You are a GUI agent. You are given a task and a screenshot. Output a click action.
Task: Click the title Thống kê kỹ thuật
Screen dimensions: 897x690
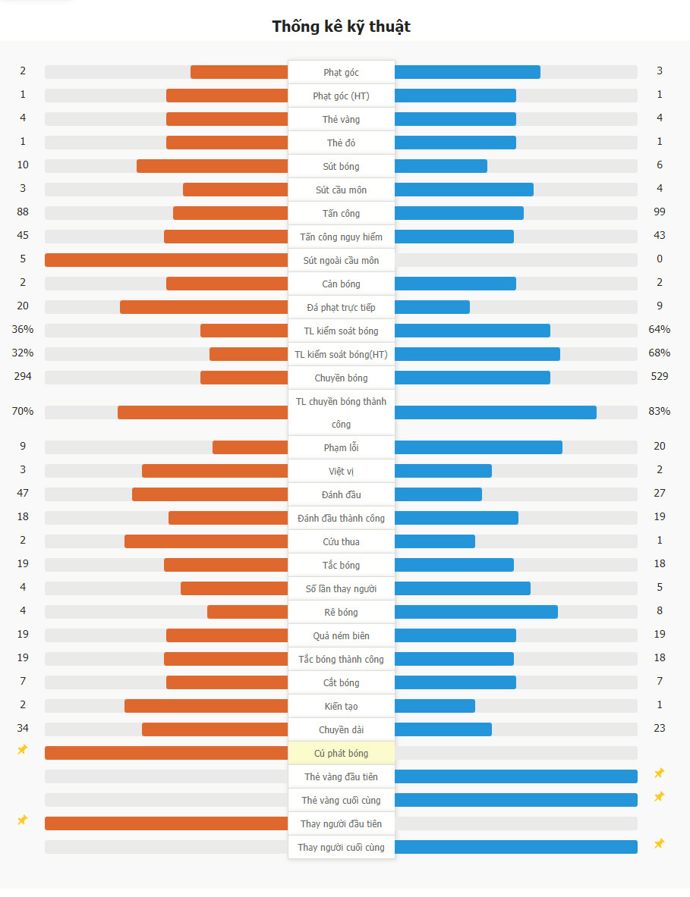tap(342, 27)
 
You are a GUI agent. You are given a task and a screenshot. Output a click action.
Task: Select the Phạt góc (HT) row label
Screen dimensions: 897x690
tap(342, 96)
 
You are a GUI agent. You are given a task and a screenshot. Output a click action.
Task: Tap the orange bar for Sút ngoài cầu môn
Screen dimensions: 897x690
tap(166, 260)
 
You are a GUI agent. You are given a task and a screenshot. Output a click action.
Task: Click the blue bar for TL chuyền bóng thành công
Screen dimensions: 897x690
tap(495, 412)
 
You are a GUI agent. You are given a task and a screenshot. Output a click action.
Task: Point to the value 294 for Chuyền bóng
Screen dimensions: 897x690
tap(23, 376)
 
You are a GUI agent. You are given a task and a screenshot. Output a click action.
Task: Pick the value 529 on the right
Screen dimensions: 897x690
tap(660, 376)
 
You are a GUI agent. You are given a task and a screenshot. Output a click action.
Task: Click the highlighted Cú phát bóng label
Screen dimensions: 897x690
tap(342, 753)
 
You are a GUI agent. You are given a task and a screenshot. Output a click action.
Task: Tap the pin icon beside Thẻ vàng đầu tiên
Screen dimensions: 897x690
tap(660, 773)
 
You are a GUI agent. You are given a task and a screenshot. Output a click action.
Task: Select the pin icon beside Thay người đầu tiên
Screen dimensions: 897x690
tap(23, 820)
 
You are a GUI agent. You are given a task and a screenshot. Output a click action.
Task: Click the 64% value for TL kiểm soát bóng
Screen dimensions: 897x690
tap(660, 329)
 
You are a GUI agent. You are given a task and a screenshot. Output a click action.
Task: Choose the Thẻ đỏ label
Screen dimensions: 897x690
tap(342, 143)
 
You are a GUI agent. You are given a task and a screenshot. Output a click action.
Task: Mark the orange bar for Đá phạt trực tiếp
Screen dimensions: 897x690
tap(203, 307)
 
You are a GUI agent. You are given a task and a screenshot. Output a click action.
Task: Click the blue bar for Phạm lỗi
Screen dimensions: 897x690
tap(478, 447)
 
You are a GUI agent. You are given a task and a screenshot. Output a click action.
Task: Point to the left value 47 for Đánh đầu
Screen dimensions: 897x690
tap(23, 493)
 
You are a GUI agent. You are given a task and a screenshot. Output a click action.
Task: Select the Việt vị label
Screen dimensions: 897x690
tap(342, 471)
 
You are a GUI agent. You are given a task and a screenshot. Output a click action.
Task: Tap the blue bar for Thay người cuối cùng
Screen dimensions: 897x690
tap(516, 847)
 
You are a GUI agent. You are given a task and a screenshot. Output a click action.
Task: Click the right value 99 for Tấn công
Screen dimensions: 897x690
tap(660, 212)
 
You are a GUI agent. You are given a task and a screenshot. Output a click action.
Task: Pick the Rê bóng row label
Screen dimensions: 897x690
tap(342, 612)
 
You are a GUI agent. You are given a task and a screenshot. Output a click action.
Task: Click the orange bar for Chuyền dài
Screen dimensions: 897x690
tap(215, 729)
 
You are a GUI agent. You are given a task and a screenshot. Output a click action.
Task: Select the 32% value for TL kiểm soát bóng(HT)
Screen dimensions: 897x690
tap(23, 353)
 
